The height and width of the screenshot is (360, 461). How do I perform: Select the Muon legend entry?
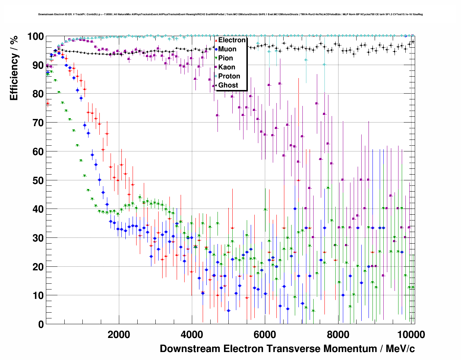(227, 49)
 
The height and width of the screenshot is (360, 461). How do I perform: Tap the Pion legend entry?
(225, 58)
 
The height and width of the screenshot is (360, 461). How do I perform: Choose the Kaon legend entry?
(227, 67)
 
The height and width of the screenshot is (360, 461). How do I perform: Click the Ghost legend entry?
(228, 85)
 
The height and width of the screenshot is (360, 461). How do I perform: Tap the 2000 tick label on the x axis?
(119, 335)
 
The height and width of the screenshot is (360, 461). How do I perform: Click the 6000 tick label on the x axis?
(265, 335)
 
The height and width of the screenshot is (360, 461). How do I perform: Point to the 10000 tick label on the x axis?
(411, 335)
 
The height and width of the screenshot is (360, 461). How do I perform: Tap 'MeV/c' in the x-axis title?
(400, 349)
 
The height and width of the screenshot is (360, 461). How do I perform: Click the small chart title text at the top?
(231, 14)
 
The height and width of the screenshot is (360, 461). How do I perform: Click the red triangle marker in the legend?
(216, 40)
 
